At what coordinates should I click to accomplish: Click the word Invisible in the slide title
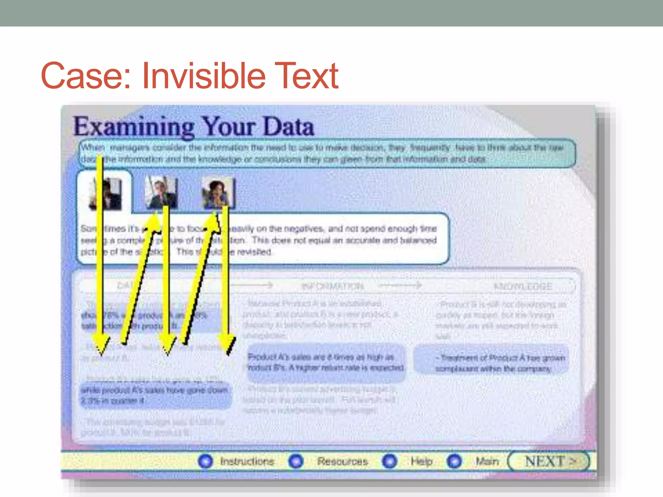click(x=203, y=76)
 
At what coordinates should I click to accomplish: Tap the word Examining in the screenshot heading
click(x=134, y=127)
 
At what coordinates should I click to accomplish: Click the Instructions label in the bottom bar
click(x=247, y=461)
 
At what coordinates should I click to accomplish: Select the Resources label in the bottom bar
click(x=342, y=461)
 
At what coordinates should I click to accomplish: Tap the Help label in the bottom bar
click(x=421, y=461)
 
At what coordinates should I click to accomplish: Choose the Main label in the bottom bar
click(x=487, y=461)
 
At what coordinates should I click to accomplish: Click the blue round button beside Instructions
click(x=205, y=461)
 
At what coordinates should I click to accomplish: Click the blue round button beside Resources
click(x=296, y=461)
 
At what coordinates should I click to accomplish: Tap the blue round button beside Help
click(x=389, y=461)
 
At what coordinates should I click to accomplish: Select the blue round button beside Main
click(x=454, y=461)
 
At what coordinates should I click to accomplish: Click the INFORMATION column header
click(x=332, y=286)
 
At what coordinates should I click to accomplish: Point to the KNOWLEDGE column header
click(x=523, y=286)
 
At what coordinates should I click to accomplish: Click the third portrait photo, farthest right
click(x=217, y=193)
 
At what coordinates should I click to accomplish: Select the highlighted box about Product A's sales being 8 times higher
click(x=326, y=362)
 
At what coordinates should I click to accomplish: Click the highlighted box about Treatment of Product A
click(x=491, y=363)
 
